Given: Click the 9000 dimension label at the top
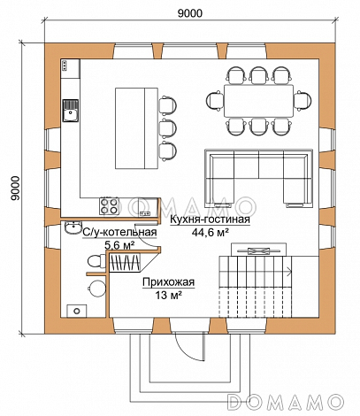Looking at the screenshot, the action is tap(190, 13).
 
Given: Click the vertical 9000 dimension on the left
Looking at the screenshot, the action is tap(15, 189).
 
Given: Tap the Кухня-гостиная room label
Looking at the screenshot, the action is tap(210, 220).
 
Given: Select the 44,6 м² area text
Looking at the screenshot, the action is tap(211, 233).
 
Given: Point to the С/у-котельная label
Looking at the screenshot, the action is tap(119, 232).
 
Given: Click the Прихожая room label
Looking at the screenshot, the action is tap(169, 282).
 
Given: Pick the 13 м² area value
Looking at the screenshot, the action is tap(168, 295).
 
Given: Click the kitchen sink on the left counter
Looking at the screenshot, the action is tap(71, 111).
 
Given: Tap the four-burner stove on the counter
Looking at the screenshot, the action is tap(110, 206).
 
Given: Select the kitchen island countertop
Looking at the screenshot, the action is tap(136, 128).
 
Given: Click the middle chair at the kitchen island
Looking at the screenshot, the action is tap(167, 128).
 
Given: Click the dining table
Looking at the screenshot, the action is tap(258, 101).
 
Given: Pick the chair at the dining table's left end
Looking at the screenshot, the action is tap(215, 101).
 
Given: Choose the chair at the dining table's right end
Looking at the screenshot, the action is tap(303, 101).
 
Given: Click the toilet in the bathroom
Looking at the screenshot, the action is tap(96, 261).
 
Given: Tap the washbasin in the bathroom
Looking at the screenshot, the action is tap(73, 227).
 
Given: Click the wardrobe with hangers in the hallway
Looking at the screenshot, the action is tap(125, 263).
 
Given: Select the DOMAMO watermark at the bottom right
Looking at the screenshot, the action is tap(286, 402).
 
